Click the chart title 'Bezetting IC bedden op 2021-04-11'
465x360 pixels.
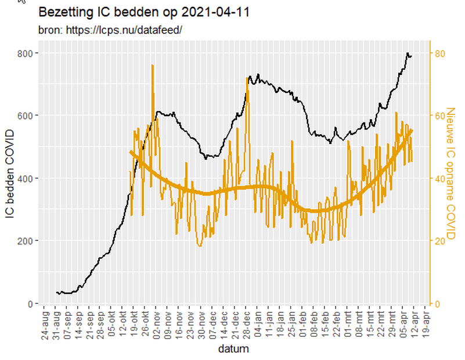[x=144, y=12]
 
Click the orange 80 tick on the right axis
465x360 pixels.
[x=441, y=53]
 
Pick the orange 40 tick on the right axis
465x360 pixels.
[x=441, y=178]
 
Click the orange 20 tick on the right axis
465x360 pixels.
[x=441, y=241]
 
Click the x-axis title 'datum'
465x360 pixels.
[x=233, y=349]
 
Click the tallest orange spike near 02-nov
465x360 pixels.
[x=153, y=66]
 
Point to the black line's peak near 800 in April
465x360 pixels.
[x=408, y=53]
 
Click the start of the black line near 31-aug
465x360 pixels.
[x=56, y=293]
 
